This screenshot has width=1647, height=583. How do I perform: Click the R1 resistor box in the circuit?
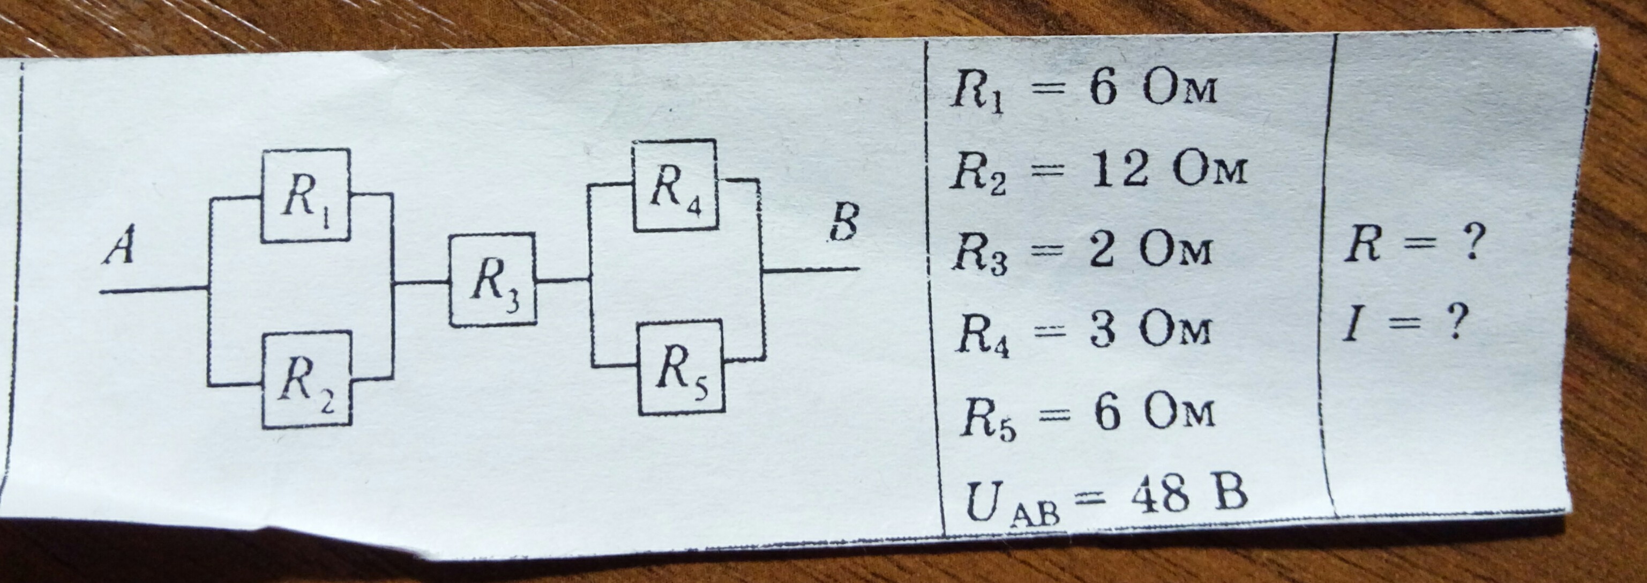click(305, 195)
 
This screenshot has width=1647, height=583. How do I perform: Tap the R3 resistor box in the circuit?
click(492, 281)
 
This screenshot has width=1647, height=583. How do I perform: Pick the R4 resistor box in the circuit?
click(675, 185)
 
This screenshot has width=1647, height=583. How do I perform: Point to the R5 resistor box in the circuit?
click(682, 368)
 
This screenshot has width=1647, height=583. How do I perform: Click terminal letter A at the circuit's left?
click(120, 245)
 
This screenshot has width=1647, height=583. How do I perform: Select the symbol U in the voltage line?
click(983, 501)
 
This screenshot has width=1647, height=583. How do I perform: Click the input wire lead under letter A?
click(153, 291)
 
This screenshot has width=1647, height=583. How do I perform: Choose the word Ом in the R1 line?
click(1180, 90)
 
